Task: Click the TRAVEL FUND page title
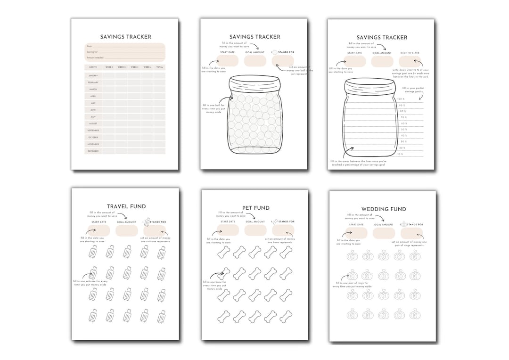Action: pos(126,206)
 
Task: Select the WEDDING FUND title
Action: pos(383,209)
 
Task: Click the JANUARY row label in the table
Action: pos(93,75)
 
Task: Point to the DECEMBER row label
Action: pos(93,151)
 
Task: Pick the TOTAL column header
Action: pos(159,67)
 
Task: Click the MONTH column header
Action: pos(93,67)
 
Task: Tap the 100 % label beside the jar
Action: pos(402,99)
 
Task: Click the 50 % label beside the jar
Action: pos(403,129)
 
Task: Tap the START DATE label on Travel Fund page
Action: pos(98,221)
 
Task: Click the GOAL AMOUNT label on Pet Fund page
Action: pos(255,221)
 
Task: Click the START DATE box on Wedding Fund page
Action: pos(356,233)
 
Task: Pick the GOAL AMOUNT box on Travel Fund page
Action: pos(126,230)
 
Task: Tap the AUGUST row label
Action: pos(93,123)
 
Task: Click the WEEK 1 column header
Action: pos(108,67)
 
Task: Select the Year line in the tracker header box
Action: pos(125,47)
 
